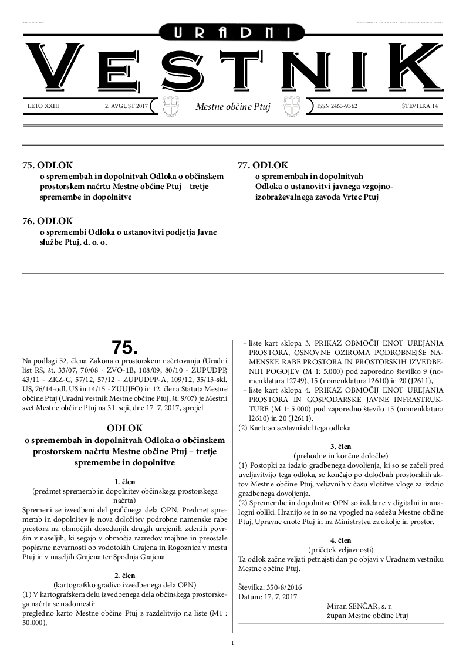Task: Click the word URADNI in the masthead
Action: (x=232, y=33)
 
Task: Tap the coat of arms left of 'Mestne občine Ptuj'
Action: (x=168, y=107)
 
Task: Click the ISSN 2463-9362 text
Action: (x=337, y=106)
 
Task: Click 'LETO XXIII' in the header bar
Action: (x=43, y=106)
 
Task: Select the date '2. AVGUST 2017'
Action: (x=122, y=106)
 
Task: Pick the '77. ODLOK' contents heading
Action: (x=263, y=165)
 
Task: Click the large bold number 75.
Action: (x=124, y=346)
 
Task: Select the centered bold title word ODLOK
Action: (x=124, y=428)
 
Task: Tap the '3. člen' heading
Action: (x=341, y=446)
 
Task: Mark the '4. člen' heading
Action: (x=341, y=540)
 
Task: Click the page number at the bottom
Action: (x=233, y=644)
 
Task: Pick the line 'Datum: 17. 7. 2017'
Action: (x=268, y=596)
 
